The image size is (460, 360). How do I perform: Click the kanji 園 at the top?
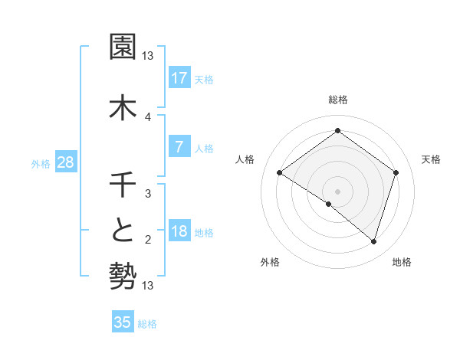point(123,47)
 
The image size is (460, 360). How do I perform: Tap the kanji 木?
point(123,106)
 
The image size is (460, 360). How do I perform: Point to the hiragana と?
point(123,230)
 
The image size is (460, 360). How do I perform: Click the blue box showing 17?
point(179,78)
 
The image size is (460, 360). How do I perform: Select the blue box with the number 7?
point(179,147)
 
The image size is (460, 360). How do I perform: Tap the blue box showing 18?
point(179,232)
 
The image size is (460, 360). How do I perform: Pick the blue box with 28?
point(65,162)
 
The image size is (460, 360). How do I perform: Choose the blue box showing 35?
point(123,322)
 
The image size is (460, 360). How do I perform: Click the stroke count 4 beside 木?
point(148,116)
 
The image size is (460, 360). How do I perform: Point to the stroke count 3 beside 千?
point(148,194)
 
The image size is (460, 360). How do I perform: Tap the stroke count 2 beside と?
point(148,240)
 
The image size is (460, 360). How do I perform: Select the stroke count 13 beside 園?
point(148,56)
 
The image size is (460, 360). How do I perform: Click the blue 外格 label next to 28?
point(41,163)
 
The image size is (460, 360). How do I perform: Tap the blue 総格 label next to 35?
point(147,324)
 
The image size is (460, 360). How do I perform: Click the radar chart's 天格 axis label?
point(432,159)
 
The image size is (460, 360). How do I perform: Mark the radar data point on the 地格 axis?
point(373,242)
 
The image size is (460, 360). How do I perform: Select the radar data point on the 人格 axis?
point(279,173)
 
